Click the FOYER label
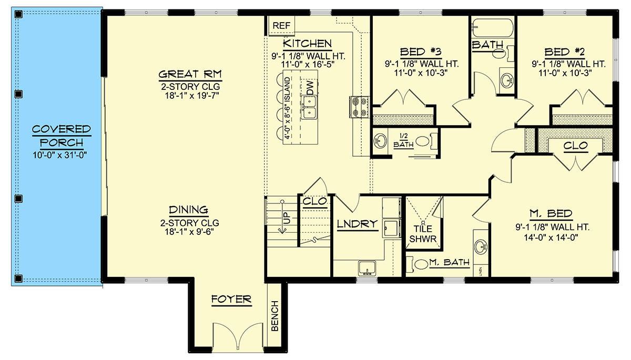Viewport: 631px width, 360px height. pyautogui.click(x=231, y=300)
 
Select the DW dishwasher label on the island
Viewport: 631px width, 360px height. pyautogui.click(x=310, y=88)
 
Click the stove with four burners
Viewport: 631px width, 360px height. pyautogui.click(x=355, y=106)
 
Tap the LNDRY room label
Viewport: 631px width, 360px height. pyautogui.click(x=358, y=224)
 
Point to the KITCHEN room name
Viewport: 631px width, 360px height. pyautogui.click(x=307, y=43)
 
